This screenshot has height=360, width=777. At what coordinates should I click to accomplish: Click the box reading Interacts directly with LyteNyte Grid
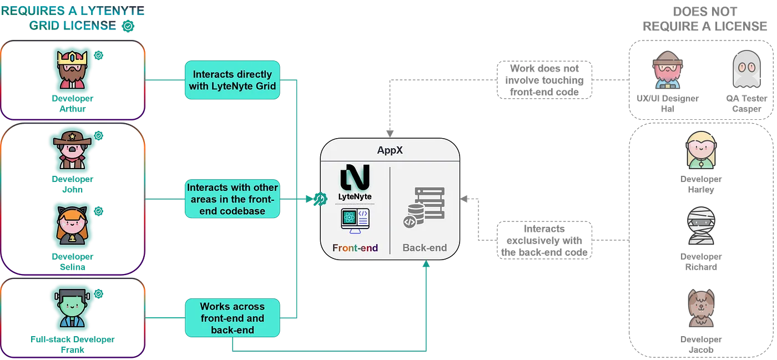pyautogui.click(x=232, y=80)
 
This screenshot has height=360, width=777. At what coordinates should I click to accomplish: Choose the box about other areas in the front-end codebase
pyautogui.click(x=232, y=199)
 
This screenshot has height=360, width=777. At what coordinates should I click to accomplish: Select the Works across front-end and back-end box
pyautogui.click(x=232, y=318)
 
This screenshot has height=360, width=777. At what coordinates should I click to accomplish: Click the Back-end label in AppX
pyautogui.click(x=425, y=248)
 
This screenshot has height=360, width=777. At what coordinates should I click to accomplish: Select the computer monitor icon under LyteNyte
pyautogui.click(x=355, y=220)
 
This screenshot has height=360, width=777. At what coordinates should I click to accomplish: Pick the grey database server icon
pyautogui.click(x=424, y=207)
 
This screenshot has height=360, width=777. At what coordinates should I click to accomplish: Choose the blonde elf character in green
pyautogui.click(x=701, y=150)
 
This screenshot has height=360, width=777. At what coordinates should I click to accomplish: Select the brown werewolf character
pyautogui.click(x=701, y=308)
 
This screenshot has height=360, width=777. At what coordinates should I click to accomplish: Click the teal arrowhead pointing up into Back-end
pyautogui.click(x=426, y=267)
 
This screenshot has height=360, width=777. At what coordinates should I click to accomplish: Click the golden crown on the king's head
pyautogui.click(x=70, y=56)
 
